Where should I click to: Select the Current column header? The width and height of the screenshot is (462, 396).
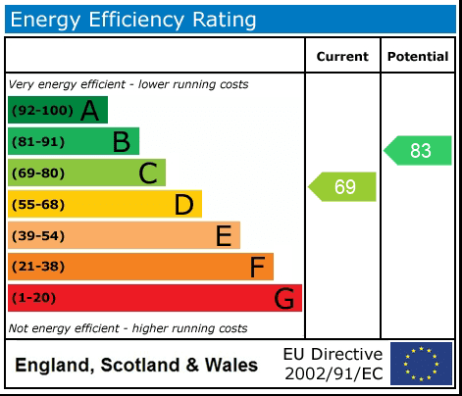point(342,57)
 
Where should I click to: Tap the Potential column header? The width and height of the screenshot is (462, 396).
point(418,57)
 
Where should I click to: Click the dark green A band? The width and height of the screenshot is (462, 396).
point(57,111)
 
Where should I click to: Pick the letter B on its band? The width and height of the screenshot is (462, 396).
point(121,142)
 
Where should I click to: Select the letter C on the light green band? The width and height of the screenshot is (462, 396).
point(148,173)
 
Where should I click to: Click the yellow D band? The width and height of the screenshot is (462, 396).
point(104,205)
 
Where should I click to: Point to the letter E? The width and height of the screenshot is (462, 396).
point(224,236)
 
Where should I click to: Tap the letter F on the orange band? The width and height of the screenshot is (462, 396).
point(257,268)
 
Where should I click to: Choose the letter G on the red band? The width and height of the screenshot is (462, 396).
point(283,299)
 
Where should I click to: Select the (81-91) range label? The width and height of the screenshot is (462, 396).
point(38,142)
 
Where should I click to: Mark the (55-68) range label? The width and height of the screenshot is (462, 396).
point(38,205)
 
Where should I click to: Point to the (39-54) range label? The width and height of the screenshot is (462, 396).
point(38,236)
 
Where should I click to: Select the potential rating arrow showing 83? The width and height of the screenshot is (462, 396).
point(418,151)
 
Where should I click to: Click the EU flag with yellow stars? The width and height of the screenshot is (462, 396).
point(421,364)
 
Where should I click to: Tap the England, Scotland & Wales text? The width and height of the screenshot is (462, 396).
point(136,366)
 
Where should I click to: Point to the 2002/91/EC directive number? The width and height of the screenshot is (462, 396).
point(333,373)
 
